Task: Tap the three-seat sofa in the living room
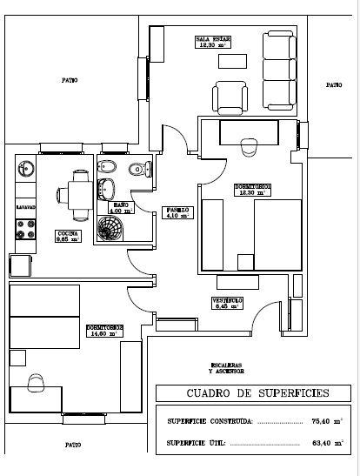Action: pyautogui.click(x=280, y=69)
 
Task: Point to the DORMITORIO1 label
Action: pyautogui.click(x=253, y=189)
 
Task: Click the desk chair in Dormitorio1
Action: pyautogui.click(x=249, y=144)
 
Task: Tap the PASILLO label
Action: pyautogui.click(x=178, y=213)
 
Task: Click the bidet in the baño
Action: pyautogui.click(x=108, y=168)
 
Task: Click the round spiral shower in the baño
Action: pyautogui.click(x=112, y=227)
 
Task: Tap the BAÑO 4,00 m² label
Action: pyautogui.click(x=119, y=208)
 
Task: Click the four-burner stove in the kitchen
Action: pyautogui.click(x=25, y=230)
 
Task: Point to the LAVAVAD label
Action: pyautogui.click(x=25, y=208)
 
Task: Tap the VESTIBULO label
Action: pyautogui.click(x=228, y=303)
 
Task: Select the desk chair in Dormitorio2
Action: pyautogui.click(x=37, y=383)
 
